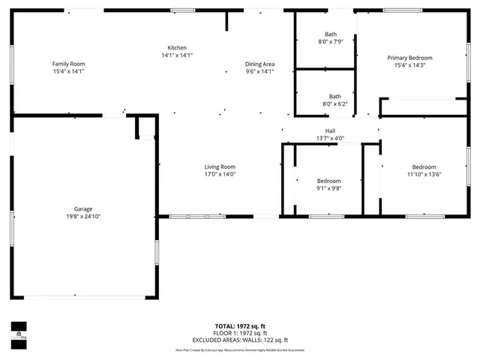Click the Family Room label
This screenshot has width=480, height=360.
point(68,64)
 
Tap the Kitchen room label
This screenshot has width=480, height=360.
point(177,47)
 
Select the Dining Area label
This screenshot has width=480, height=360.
point(259,64)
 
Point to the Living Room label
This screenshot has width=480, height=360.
point(220,166)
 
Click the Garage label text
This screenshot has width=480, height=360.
point(83,208)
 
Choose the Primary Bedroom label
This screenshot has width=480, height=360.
point(409,58)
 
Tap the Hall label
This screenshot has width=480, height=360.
point(329,130)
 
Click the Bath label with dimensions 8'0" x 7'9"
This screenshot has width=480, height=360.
point(331,34)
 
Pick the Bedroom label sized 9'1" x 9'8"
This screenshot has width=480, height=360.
point(328,181)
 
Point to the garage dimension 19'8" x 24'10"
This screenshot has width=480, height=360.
point(83,216)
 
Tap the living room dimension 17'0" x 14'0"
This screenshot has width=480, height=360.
point(220,174)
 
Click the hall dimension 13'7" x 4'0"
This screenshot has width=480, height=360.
point(329,138)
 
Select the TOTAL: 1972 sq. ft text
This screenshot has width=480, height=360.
point(240,326)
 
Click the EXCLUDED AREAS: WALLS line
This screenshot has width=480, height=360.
point(240,340)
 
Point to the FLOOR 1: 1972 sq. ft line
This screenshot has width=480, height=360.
point(240,333)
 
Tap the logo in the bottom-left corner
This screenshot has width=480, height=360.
point(19,331)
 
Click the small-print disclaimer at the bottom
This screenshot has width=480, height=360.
point(240,349)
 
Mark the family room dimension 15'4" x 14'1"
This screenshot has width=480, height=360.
point(68,72)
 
